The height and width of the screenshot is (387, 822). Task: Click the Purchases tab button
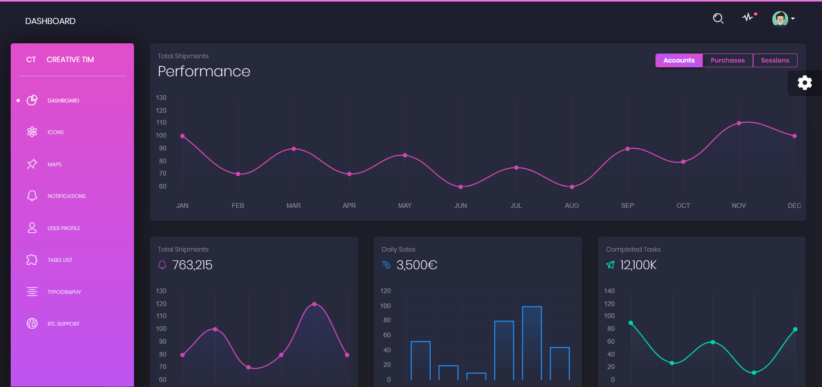(727, 60)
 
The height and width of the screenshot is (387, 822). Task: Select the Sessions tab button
(775, 60)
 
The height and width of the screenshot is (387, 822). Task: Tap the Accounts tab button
(679, 60)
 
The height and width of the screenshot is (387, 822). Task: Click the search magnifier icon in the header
(718, 18)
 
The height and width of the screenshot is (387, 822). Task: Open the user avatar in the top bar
(780, 18)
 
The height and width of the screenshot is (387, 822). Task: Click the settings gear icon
(805, 83)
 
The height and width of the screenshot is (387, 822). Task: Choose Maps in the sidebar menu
(54, 165)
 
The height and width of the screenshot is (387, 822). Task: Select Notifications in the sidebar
(66, 196)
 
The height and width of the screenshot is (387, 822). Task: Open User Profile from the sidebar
(64, 228)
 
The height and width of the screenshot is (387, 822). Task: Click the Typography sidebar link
(64, 292)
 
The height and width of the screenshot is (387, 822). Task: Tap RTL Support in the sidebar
(63, 324)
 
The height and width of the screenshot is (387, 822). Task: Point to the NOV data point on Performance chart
(739, 123)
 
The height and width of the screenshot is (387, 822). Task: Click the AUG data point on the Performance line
(572, 187)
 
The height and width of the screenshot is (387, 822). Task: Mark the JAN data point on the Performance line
(182, 136)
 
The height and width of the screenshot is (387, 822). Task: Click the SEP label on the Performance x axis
(628, 206)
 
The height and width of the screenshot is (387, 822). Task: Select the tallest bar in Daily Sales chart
(532, 343)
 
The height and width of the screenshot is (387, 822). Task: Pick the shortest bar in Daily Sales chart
(476, 376)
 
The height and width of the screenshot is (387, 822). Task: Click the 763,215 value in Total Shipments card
(192, 265)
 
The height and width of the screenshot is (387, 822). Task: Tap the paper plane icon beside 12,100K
(610, 265)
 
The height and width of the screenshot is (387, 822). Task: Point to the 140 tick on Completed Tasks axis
(609, 291)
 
